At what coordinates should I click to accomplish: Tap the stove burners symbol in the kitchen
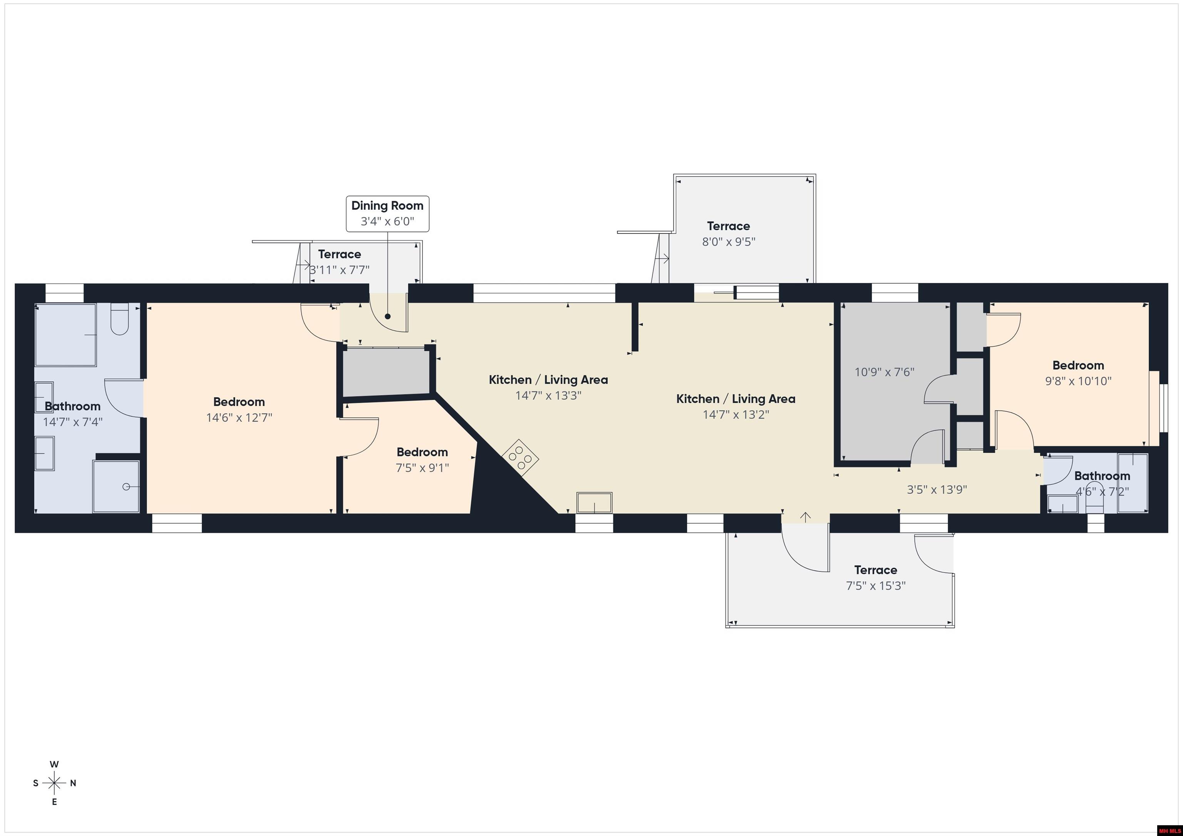point(520,456)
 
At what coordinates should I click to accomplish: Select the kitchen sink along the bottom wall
point(594,502)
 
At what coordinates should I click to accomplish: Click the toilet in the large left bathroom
point(119,319)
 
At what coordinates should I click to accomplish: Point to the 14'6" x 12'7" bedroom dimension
point(239,417)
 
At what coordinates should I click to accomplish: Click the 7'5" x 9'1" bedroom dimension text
point(422,468)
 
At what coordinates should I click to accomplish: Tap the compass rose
point(54,783)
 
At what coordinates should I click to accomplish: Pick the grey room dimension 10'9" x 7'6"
point(884,372)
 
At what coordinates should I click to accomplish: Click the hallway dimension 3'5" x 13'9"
point(936,489)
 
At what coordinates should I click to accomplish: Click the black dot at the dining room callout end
point(387,317)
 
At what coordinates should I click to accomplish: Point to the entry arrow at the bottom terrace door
point(805,517)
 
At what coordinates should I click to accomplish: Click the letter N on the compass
point(73,783)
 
